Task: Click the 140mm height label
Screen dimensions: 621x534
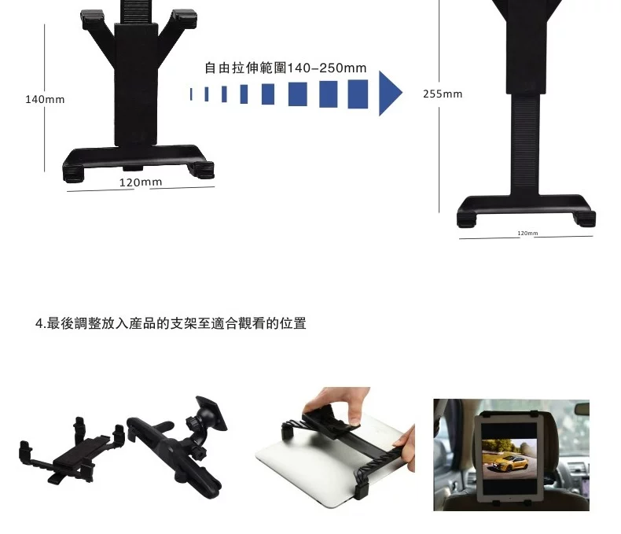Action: pos(45,99)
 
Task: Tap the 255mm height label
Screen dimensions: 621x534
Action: pos(443,94)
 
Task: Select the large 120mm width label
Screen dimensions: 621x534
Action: pos(141,182)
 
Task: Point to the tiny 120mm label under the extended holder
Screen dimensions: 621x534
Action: pos(527,234)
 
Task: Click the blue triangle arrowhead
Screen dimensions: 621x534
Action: pos(389,94)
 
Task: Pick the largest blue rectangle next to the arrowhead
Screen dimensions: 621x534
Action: pos(358,94)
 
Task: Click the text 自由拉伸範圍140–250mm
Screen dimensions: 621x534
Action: pos(285,68)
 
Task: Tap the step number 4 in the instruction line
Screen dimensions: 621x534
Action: pos(39,324)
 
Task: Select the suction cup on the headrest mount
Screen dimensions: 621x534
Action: pos(212,413)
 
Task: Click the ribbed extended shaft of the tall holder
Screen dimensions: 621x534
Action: pos(525,143)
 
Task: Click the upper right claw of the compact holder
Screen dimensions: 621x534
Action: pos(186,18)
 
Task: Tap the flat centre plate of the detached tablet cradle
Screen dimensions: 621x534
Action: pos(81,451)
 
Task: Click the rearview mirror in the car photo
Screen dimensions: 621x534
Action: pos(582,409)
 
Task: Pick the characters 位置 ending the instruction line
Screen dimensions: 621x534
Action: pos(292,324)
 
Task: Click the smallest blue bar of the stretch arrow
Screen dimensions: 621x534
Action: pos(191,94)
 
